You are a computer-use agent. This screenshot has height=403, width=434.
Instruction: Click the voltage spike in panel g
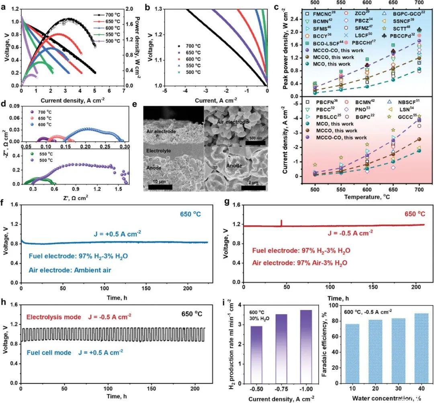(281, 223)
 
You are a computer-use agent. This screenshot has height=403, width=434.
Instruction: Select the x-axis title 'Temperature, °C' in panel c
(366, 197)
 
